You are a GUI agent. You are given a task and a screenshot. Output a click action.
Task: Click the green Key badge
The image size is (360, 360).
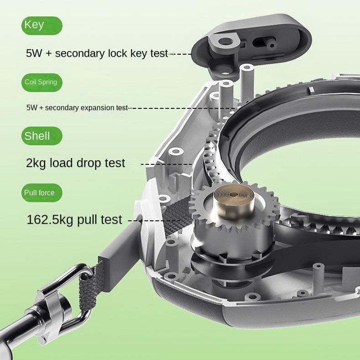pos(42,25)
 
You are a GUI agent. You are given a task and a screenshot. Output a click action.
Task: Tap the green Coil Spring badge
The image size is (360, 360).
pos(42,82)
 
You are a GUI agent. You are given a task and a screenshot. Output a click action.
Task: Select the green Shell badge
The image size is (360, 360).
pos(42,136)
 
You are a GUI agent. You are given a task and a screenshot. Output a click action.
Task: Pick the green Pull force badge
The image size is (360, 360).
pos(42,193)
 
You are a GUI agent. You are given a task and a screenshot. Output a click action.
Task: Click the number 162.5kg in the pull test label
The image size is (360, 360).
pos(50,220)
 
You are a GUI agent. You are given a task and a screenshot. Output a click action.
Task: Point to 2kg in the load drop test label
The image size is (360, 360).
pos(36,163)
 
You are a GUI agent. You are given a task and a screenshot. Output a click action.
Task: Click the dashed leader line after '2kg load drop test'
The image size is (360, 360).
pos(166,164)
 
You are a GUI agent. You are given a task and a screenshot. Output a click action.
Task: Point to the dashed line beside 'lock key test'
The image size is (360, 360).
pos(180,54)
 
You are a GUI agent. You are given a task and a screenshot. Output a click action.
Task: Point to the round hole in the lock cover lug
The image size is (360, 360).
pos(225,42)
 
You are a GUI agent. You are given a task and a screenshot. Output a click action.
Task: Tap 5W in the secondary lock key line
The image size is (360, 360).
pos(34,53)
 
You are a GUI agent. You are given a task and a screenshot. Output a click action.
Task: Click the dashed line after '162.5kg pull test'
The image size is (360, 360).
pos(154,221)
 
